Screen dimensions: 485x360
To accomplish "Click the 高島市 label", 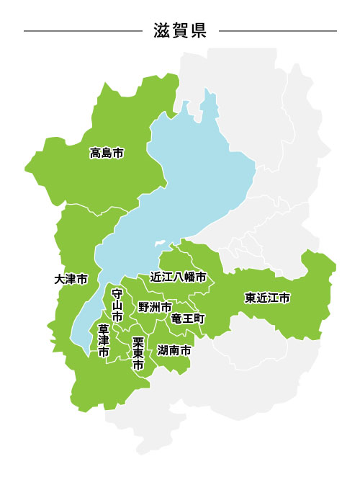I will tap(107, 153).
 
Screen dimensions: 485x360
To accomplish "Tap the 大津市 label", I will tap(71, 279).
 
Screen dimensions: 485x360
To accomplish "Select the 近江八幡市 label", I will tap(178, 277).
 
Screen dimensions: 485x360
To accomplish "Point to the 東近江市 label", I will tap(267, 298).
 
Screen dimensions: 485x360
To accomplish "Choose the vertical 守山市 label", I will tap(117, 305).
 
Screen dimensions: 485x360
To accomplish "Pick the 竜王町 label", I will tap(189, 318).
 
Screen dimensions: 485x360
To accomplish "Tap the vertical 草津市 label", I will tap(104, 341).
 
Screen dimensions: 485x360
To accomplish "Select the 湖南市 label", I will tap(174, 350).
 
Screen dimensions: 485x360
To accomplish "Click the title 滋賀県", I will tap(180, 31).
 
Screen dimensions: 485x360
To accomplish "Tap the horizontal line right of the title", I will tap(277, 31).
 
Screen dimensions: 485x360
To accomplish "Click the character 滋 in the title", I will tap(162, 31).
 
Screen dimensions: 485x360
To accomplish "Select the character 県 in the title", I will tap(198, 31).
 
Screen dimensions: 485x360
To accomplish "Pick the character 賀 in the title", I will tap(180, 31).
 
